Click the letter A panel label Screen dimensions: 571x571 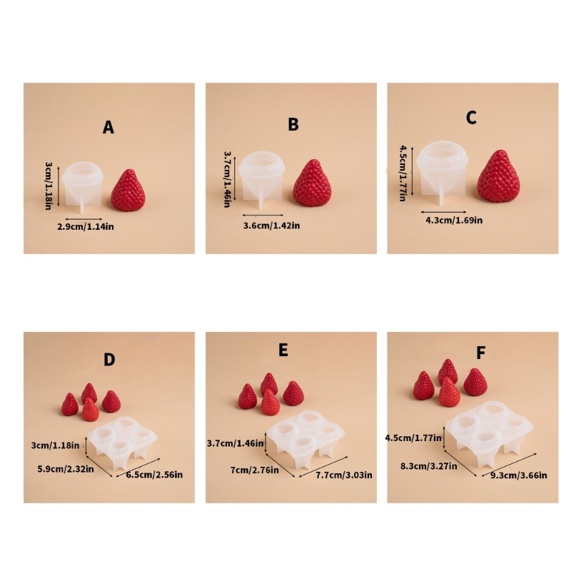108,128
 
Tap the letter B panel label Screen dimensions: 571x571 293,124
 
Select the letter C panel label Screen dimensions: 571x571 471,118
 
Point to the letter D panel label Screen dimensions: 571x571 109,360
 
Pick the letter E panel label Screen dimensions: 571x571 283,350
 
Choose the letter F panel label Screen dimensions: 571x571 480,353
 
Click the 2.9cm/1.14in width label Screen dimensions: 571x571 86,227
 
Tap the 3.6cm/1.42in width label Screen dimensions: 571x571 272,226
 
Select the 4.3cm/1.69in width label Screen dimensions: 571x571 454,220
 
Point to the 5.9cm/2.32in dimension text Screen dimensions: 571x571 66,469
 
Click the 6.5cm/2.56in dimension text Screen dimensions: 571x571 154,475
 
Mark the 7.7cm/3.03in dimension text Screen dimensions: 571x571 344,475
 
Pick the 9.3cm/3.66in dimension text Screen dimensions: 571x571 519,475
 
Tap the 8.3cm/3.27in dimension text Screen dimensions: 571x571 429,466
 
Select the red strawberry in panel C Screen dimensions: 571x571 498,176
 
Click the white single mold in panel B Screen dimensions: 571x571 261,178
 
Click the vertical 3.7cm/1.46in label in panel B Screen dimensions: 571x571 227,179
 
